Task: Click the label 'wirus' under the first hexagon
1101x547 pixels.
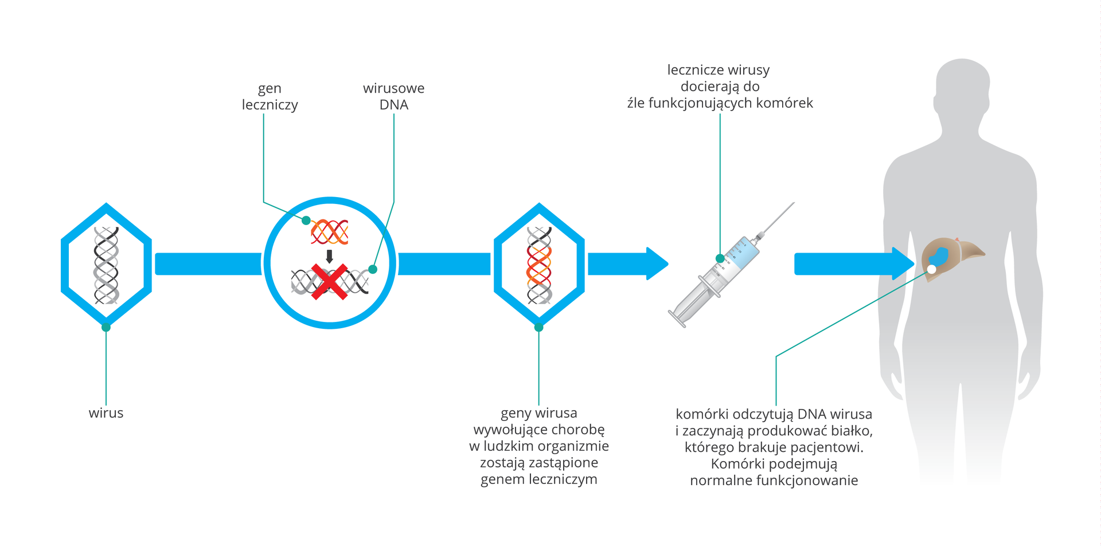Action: coord(106,413)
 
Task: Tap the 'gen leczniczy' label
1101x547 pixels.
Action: coord(270,96)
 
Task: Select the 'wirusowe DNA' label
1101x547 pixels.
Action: coord(393,96)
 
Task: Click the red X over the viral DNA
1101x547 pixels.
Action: coord(330,282)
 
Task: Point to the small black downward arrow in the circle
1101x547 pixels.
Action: coord(329,256)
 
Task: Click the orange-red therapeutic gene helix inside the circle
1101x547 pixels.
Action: coord(330,232)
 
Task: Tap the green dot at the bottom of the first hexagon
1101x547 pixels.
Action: coord(106,327)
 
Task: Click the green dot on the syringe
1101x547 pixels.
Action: coord(720,258)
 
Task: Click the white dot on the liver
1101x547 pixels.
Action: coord(932,269)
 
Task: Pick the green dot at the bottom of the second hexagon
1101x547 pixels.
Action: coord(538,327)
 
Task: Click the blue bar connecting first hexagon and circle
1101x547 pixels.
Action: coord(208,264)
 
